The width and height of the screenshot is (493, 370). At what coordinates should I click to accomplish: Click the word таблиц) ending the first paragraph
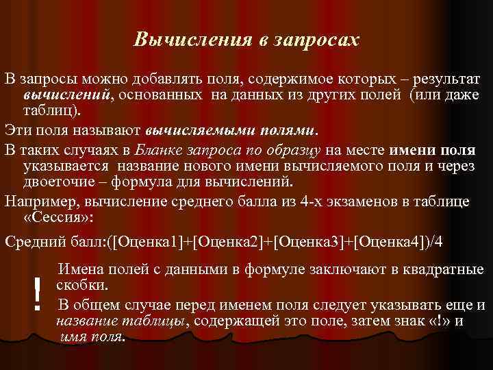(x=51, y=110)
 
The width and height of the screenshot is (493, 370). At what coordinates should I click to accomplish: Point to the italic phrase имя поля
(x=90, y=336)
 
